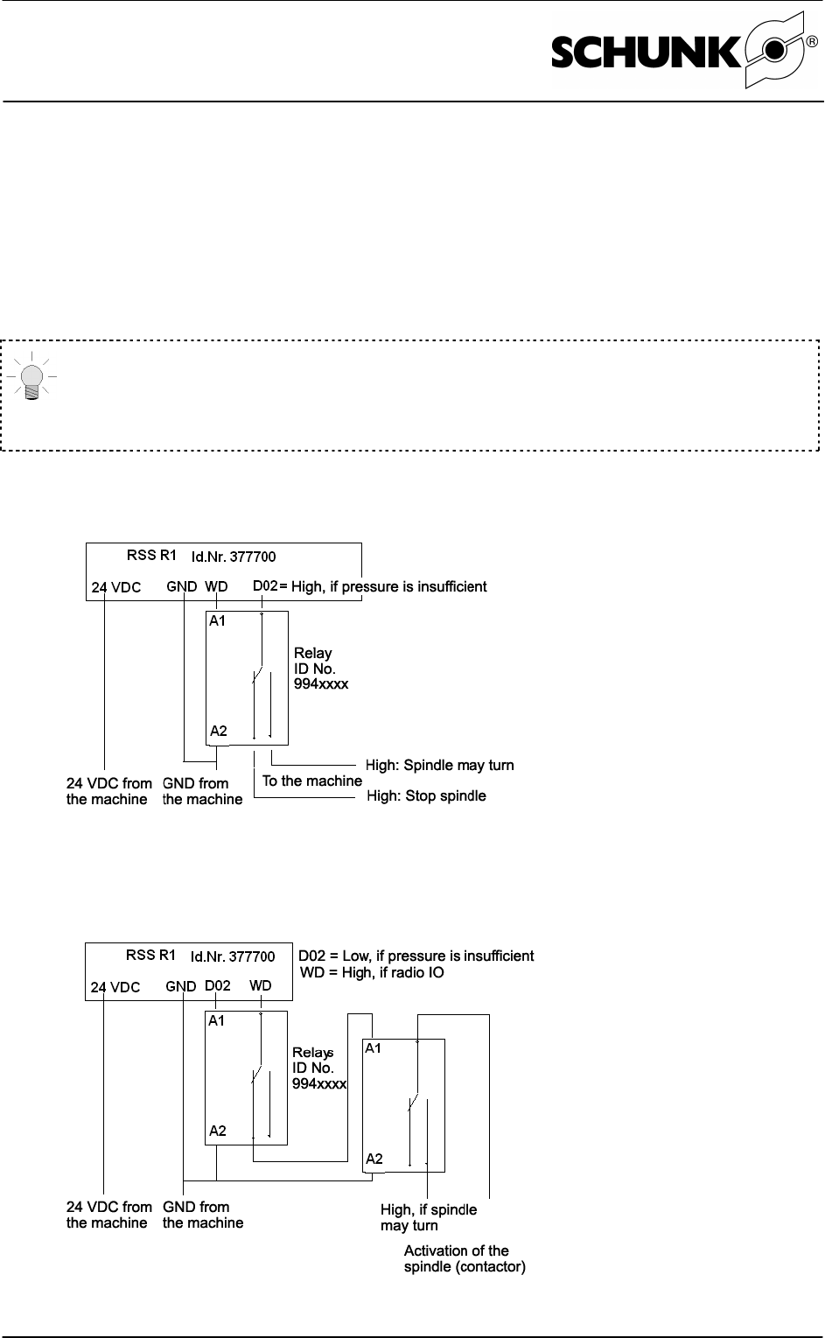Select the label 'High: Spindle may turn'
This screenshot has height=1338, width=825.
439,766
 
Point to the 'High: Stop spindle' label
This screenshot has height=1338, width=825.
426,796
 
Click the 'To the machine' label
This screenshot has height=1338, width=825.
311,781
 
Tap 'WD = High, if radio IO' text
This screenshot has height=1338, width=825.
372,972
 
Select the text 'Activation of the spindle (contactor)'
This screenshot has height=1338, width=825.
465,1258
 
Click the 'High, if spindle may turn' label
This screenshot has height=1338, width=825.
429,1217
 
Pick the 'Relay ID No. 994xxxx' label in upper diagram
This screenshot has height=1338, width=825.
320,669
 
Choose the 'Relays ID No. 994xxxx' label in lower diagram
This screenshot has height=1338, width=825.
319,1068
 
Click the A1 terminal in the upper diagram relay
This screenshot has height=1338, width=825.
217,621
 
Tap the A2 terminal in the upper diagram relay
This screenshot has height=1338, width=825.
218,731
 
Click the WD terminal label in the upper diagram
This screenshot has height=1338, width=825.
216,587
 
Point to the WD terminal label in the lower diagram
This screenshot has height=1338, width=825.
260,985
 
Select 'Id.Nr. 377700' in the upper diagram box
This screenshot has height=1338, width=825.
234,556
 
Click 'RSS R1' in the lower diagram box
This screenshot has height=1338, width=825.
151,955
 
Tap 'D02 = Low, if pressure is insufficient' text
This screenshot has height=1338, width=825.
416,956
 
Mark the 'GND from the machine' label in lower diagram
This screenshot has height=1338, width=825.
202,1215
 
